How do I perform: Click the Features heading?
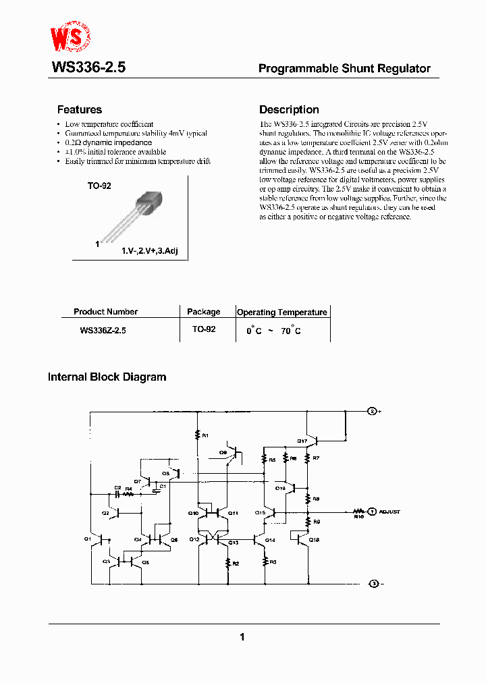click(80, 109)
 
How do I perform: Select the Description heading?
click(289, 109)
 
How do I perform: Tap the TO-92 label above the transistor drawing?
click(99, 186)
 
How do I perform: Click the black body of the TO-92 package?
click(151, 200)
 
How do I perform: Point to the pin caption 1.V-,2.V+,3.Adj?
click(149, 250)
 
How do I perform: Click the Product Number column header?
click(105, 312)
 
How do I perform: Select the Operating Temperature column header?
click(281, 312)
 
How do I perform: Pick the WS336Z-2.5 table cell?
click(103, 331)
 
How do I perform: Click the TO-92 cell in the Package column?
click(203, 329)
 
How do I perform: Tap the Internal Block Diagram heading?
click(107, 377)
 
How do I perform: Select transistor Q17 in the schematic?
click(309, 440)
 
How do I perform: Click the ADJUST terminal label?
click(389, 512)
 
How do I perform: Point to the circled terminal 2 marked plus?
click(372, 411)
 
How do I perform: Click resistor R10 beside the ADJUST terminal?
click(358, 513)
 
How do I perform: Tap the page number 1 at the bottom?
click(242, 636)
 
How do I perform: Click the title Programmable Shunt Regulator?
click(344, 68)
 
